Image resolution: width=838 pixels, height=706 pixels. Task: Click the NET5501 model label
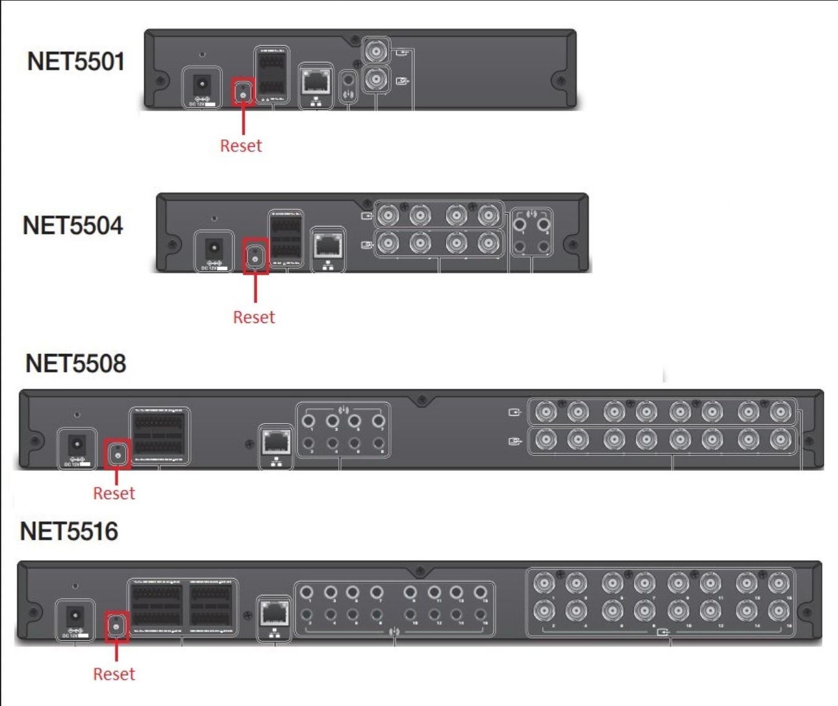point(76,62)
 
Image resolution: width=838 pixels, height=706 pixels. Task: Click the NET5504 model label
point(73,226)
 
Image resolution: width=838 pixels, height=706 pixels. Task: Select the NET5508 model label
point(75,364)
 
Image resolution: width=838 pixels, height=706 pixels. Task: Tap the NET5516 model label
point(69,531)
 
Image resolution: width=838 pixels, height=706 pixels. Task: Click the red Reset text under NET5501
point(241,146)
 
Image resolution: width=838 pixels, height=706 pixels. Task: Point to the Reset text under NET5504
point(254,317)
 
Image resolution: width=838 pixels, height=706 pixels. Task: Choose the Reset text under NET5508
point(114,494)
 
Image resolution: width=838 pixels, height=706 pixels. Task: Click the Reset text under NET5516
point(114,674)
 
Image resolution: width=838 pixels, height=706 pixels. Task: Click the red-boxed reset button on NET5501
point(243,92)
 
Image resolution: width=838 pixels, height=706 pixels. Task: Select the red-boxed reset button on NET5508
point(117,455)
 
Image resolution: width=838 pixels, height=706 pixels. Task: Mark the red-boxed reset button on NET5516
point(116,626)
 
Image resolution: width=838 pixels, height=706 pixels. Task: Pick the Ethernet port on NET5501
point(316,81)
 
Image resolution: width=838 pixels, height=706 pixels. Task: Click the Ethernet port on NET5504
point(328,245)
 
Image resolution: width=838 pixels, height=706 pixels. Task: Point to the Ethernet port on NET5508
point(276,442)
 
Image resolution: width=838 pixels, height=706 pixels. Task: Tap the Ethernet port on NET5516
point(274,614)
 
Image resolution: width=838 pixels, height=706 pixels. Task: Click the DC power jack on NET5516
point(75,616)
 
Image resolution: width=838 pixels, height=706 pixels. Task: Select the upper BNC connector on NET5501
point(375,51)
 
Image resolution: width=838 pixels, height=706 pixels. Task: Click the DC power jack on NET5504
point(214,248)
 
